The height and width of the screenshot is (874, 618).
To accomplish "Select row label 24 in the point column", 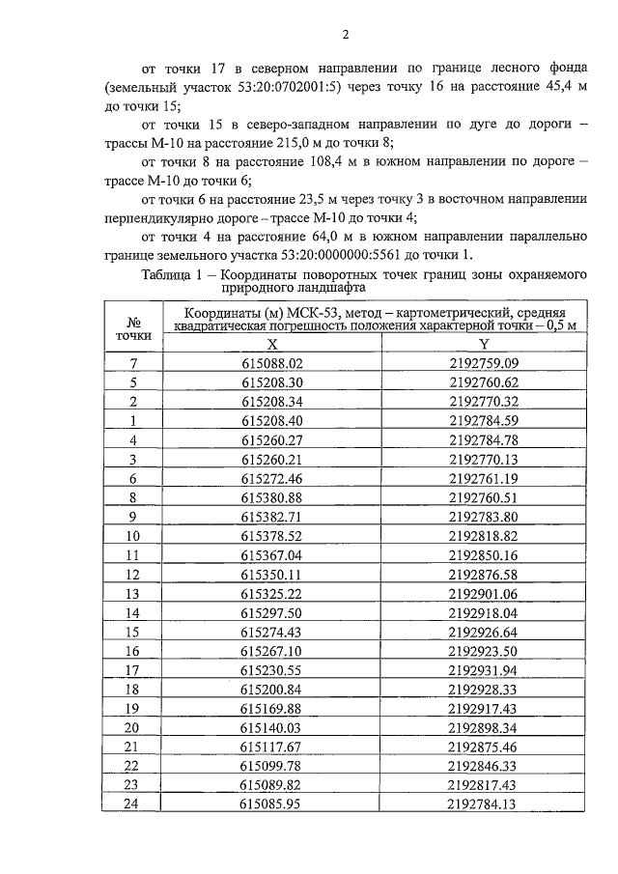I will pyautogui.click(x=133, y=803).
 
